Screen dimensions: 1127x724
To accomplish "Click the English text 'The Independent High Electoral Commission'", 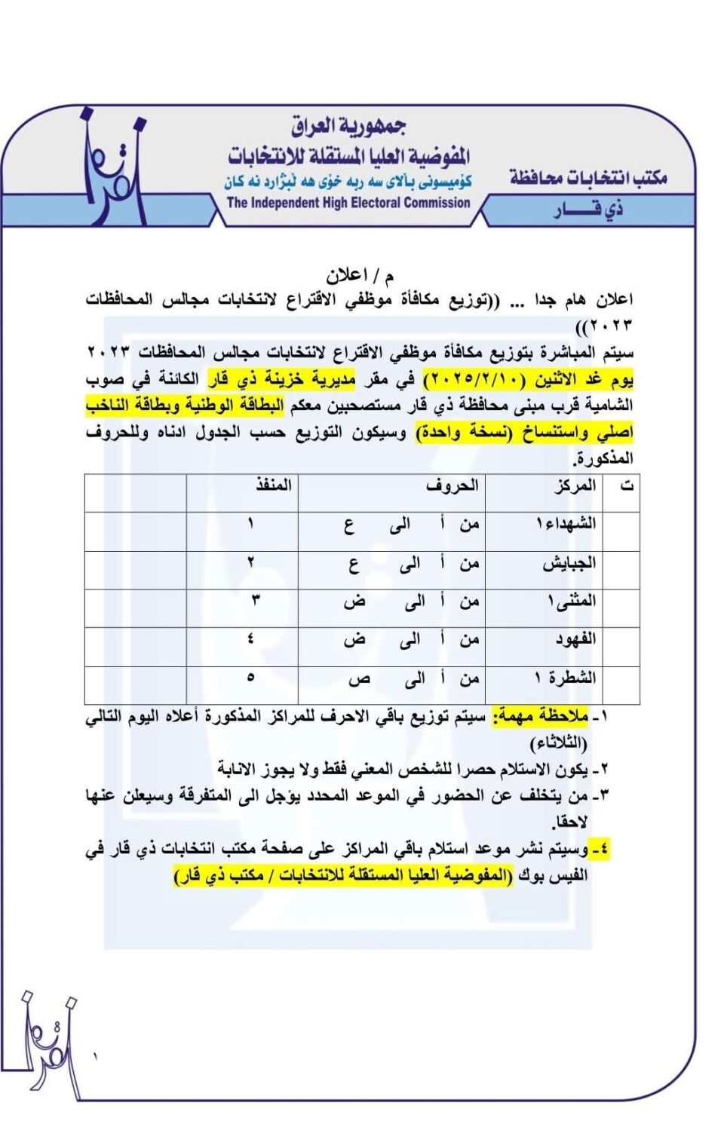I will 348,203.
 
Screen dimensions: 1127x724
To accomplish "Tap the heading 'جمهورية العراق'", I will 348,127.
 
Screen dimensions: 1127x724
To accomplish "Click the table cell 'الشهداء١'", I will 565,524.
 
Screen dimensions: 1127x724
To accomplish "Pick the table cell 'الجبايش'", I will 569,563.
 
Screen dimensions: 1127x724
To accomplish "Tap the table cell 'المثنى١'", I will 572,602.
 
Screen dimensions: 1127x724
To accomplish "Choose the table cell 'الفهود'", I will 575,640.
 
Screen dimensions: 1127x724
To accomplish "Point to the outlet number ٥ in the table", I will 250,678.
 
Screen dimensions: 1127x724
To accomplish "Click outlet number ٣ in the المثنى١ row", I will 255,602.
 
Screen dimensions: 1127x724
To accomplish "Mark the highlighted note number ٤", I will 600,850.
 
